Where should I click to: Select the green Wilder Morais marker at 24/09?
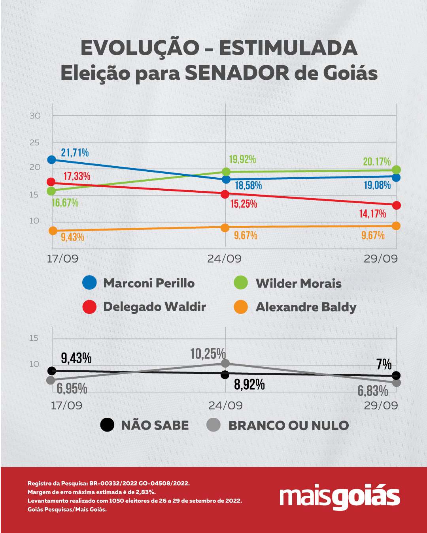[226, 172]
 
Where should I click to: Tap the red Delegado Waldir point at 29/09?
[396, 205]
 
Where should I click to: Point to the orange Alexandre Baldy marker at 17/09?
[53, 231]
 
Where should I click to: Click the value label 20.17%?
[377, 161]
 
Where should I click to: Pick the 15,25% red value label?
[244, 204]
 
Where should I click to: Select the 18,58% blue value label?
[248, 186]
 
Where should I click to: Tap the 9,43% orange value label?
[72, 237]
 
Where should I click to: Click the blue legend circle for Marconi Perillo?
[89, 283]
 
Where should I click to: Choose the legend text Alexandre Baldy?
[306, 307]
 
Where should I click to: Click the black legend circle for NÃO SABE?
[107, 425]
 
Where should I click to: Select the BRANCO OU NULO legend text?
[289, 425]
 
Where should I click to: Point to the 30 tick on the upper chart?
[35, 116]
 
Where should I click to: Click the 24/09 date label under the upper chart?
[224, 259]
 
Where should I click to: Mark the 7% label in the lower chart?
[384, 364]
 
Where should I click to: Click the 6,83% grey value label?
[372, 391]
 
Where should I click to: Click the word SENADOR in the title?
[237, 73]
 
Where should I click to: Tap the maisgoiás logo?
[340, 496]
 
